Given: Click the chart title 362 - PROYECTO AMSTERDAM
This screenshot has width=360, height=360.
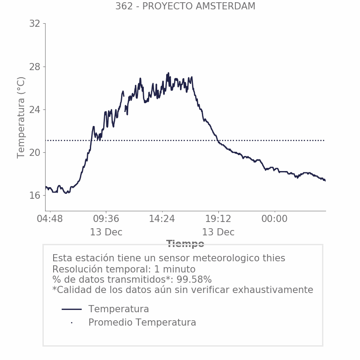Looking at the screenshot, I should coord(185,6).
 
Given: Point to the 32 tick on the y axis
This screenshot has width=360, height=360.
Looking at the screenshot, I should coord(34,24).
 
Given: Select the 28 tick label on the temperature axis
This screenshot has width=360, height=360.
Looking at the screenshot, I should coord(34,67).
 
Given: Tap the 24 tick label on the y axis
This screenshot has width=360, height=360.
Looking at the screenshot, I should coord(34,110).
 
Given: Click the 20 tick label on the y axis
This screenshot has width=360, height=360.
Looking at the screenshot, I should coord(34,153).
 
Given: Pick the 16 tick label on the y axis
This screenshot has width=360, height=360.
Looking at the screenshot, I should coord(34,196).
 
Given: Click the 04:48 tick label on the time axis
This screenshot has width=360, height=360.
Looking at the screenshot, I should coord(50,219).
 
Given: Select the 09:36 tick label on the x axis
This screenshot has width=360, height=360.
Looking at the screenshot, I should coord(106,219).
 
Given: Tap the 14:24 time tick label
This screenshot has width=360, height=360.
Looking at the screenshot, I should coord(162,219).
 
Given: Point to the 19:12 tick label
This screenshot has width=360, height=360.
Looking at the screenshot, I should coord(218,219).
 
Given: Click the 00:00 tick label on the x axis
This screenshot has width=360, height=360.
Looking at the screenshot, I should coord(274,219).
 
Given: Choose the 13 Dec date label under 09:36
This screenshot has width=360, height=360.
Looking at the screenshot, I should coord(106,232).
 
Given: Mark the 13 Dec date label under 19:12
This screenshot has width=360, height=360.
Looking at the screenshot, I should coord(218,232).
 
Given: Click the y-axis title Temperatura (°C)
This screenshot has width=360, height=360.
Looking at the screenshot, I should coord(21,117).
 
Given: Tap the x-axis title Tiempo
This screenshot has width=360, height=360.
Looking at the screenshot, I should coord(185,244).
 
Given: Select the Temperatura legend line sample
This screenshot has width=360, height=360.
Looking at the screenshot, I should coord(71,309).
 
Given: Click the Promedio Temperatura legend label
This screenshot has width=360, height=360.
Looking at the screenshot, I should coord(142,322).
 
